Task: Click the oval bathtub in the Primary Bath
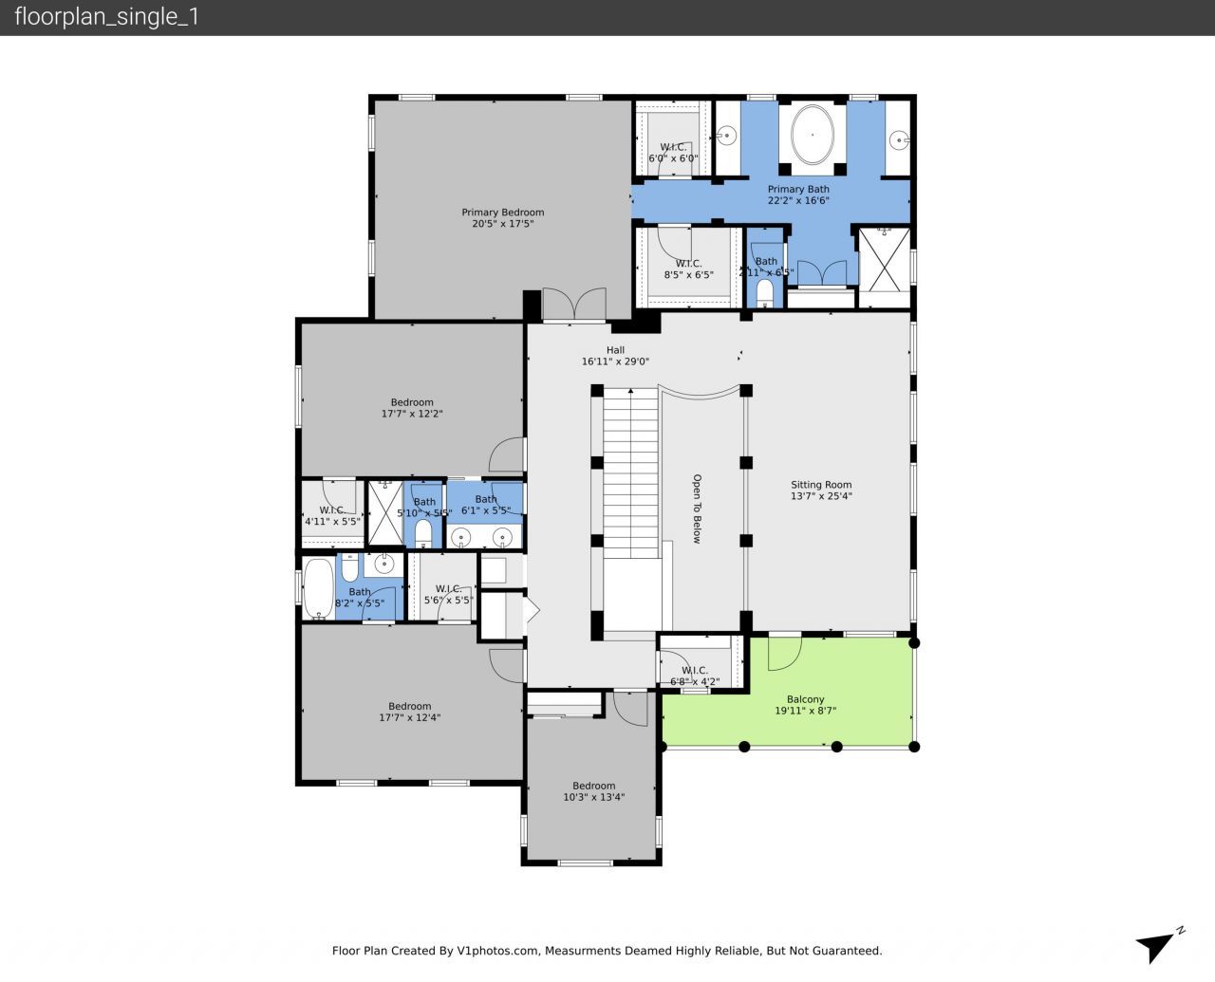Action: click(x=813, y=136)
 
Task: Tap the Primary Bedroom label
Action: click(x=503, y=218)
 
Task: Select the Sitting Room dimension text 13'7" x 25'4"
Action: click(x=821, y=495)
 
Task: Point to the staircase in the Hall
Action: click(x=630, y=474)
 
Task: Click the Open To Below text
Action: click(x=696, y=509)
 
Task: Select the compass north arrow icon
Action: click(x=1158, y=945)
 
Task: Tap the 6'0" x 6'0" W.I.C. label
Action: click(x=673, y=152)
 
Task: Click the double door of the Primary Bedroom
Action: click(x=574, y=305)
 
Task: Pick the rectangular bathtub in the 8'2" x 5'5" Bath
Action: click(x=318, y=588)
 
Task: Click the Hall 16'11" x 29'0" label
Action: click(x=615, y=356)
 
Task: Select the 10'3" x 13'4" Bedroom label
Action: click(x=593, y=791)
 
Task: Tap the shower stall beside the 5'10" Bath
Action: click(x=385, y=513)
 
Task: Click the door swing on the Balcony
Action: click(x=784, y=652)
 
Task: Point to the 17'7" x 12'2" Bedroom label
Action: click(x=412, y=408)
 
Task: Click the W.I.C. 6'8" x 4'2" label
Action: click(x=695, y=676)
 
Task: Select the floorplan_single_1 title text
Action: click(x=107, y=17)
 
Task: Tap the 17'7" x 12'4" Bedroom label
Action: click(x=409, y=712)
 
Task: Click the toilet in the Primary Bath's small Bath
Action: click(x=765, y=291)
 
